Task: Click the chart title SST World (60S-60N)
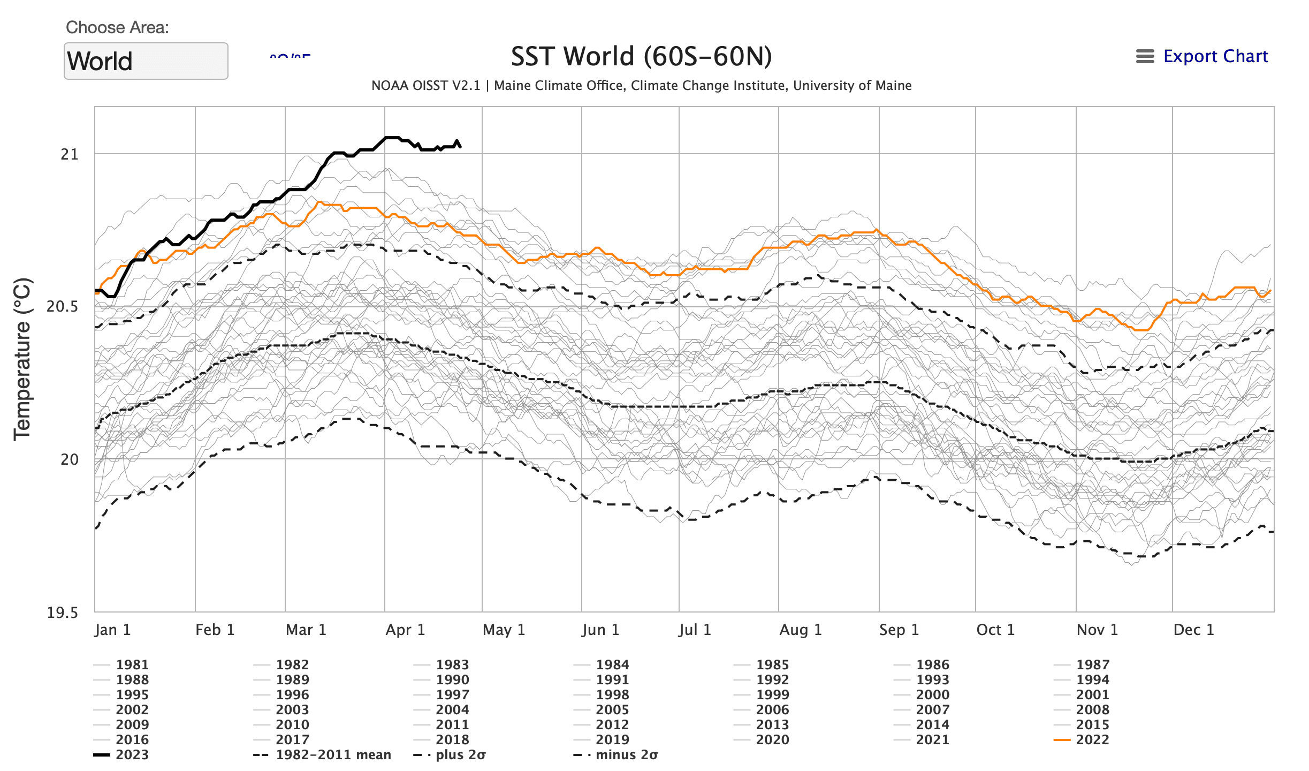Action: coord(641,57)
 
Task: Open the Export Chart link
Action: coord(1215,56)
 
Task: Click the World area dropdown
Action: coord(146,61)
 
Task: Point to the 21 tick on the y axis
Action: coord(70,155)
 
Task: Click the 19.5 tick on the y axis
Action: coord(63,613)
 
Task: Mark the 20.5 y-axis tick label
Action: coord(63,307)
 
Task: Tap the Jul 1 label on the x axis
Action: coord(695,630)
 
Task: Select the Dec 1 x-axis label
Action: coord(1193,630)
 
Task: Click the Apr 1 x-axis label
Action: coord(405,630)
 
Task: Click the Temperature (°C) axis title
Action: coord(23,359)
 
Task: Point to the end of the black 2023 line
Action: coord(460,146)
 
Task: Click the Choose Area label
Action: coord(117,27)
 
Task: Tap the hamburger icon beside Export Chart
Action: coord(1145,56)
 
